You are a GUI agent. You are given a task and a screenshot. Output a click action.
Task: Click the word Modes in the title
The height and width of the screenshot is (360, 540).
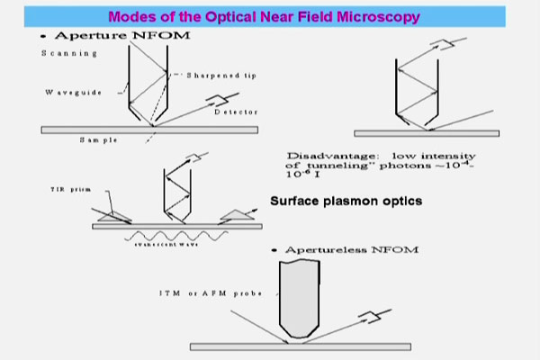(136, 18)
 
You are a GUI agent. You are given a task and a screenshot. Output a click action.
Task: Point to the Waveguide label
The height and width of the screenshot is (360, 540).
(64, 92)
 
